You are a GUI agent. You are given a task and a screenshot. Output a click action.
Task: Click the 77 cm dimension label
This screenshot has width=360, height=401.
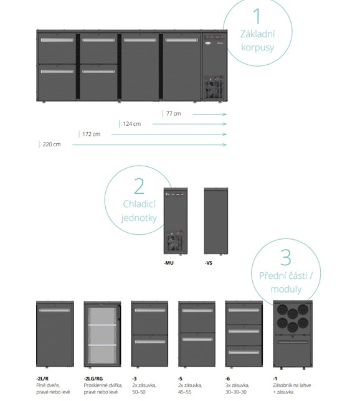coord(174,113)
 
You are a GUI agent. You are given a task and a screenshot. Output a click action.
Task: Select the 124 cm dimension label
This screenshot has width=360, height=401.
coord(132,124)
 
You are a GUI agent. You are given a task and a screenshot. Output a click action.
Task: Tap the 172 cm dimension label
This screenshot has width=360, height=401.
coord(92,134)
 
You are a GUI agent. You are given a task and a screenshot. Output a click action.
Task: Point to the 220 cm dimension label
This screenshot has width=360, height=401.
coord(52,144)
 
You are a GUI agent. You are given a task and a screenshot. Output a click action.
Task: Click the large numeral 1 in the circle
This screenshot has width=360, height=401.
coord(257,16)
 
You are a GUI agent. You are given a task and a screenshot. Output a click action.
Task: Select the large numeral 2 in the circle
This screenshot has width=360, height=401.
coord(139,186)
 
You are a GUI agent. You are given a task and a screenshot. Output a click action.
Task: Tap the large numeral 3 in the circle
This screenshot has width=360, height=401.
coord(286,257)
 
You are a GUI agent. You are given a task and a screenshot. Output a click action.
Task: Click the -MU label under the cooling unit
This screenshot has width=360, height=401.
coord(169,263)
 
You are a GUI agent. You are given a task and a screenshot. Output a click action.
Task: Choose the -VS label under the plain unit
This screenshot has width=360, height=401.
coord(209,263)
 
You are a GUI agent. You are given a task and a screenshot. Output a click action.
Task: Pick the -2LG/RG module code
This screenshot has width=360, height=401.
coord(93,379)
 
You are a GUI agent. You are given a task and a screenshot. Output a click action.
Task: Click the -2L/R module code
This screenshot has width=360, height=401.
coord(42,379)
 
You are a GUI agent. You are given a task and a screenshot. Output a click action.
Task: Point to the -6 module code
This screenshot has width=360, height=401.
coord(227,379)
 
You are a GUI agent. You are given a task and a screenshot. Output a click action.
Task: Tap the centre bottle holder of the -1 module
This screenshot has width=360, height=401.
coord(293,314)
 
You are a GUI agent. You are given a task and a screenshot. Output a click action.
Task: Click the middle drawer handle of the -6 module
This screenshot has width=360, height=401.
coord(244,331)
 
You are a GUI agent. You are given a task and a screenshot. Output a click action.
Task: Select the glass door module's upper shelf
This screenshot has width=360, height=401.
coord(102,325)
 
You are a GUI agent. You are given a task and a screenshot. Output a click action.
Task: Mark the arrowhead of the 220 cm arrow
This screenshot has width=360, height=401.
coord(225,144)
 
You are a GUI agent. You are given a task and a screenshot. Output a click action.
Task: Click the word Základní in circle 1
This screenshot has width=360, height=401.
coord(257,34)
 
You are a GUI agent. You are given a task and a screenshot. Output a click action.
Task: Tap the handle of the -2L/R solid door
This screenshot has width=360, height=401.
coord(55,310)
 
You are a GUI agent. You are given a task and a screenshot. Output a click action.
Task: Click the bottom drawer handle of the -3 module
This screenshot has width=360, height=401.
coord(150,342)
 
